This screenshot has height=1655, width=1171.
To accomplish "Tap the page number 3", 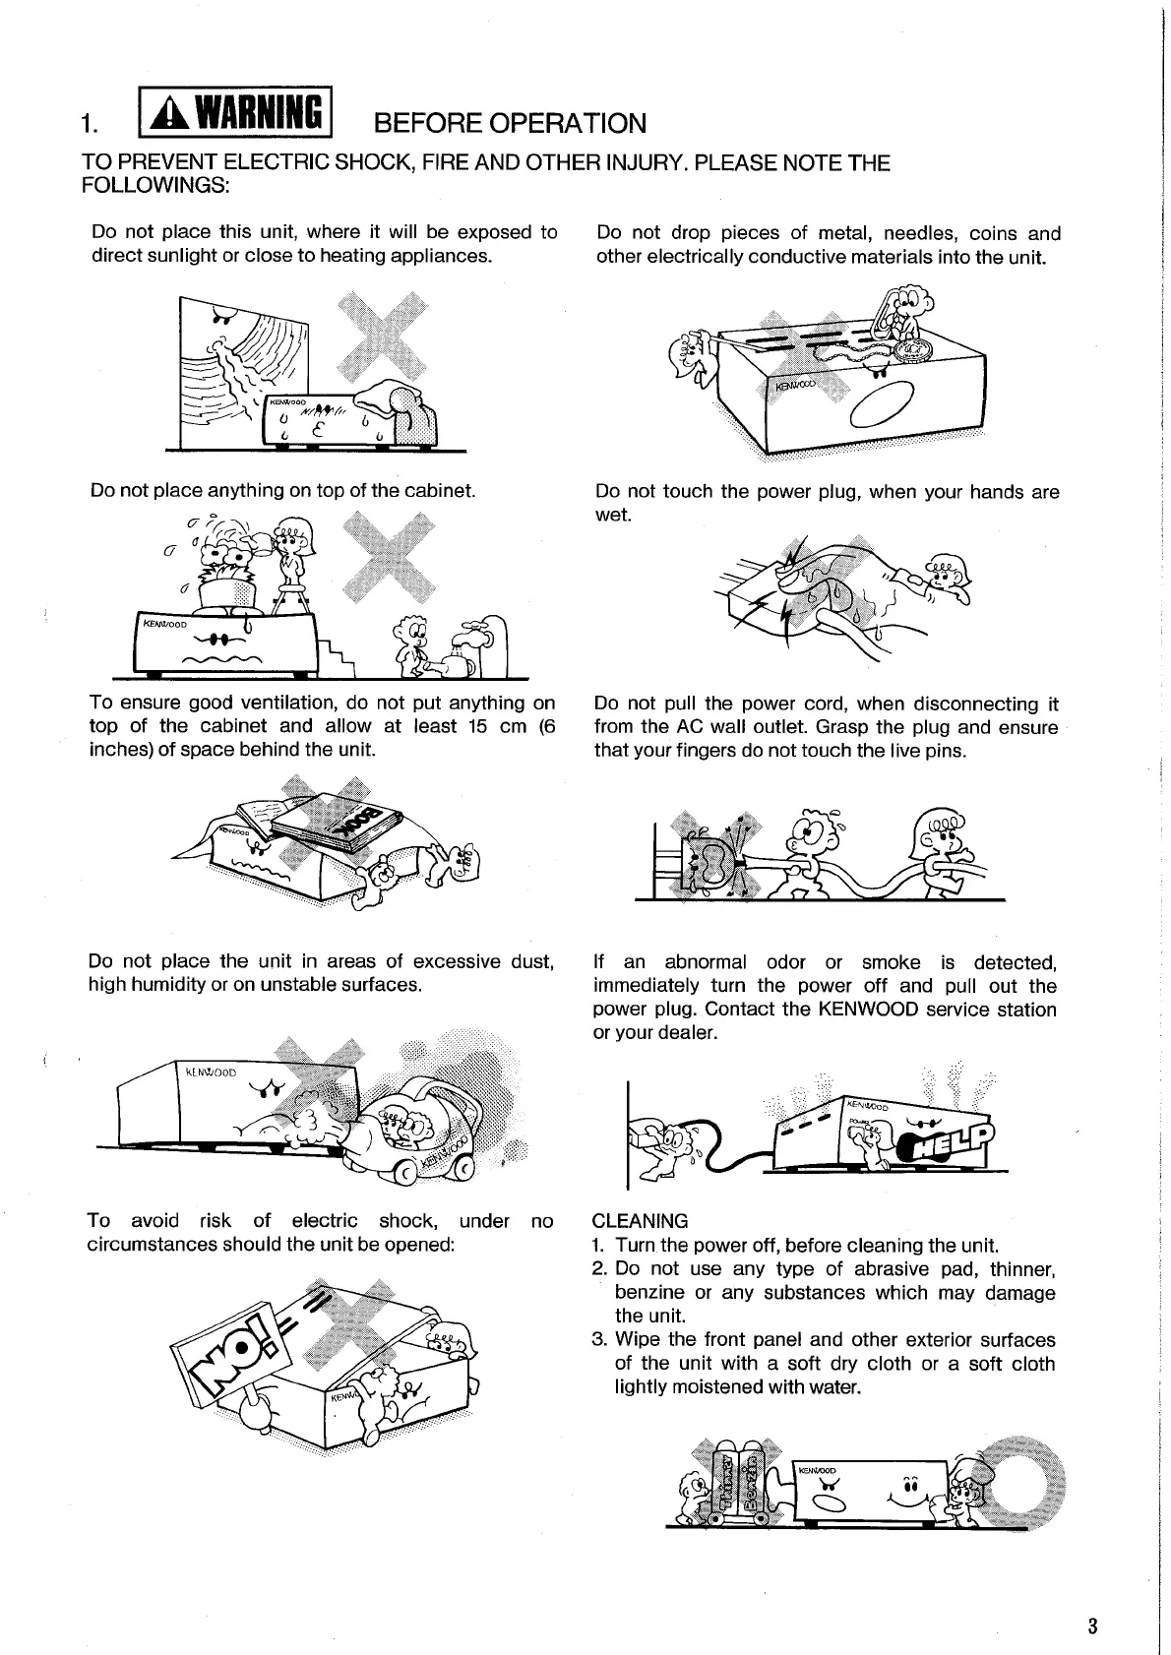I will tap(1092, 1625).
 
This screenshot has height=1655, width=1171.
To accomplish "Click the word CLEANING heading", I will tap(641, 1221).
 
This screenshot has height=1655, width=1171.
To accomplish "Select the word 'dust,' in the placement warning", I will tap(530, 961).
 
